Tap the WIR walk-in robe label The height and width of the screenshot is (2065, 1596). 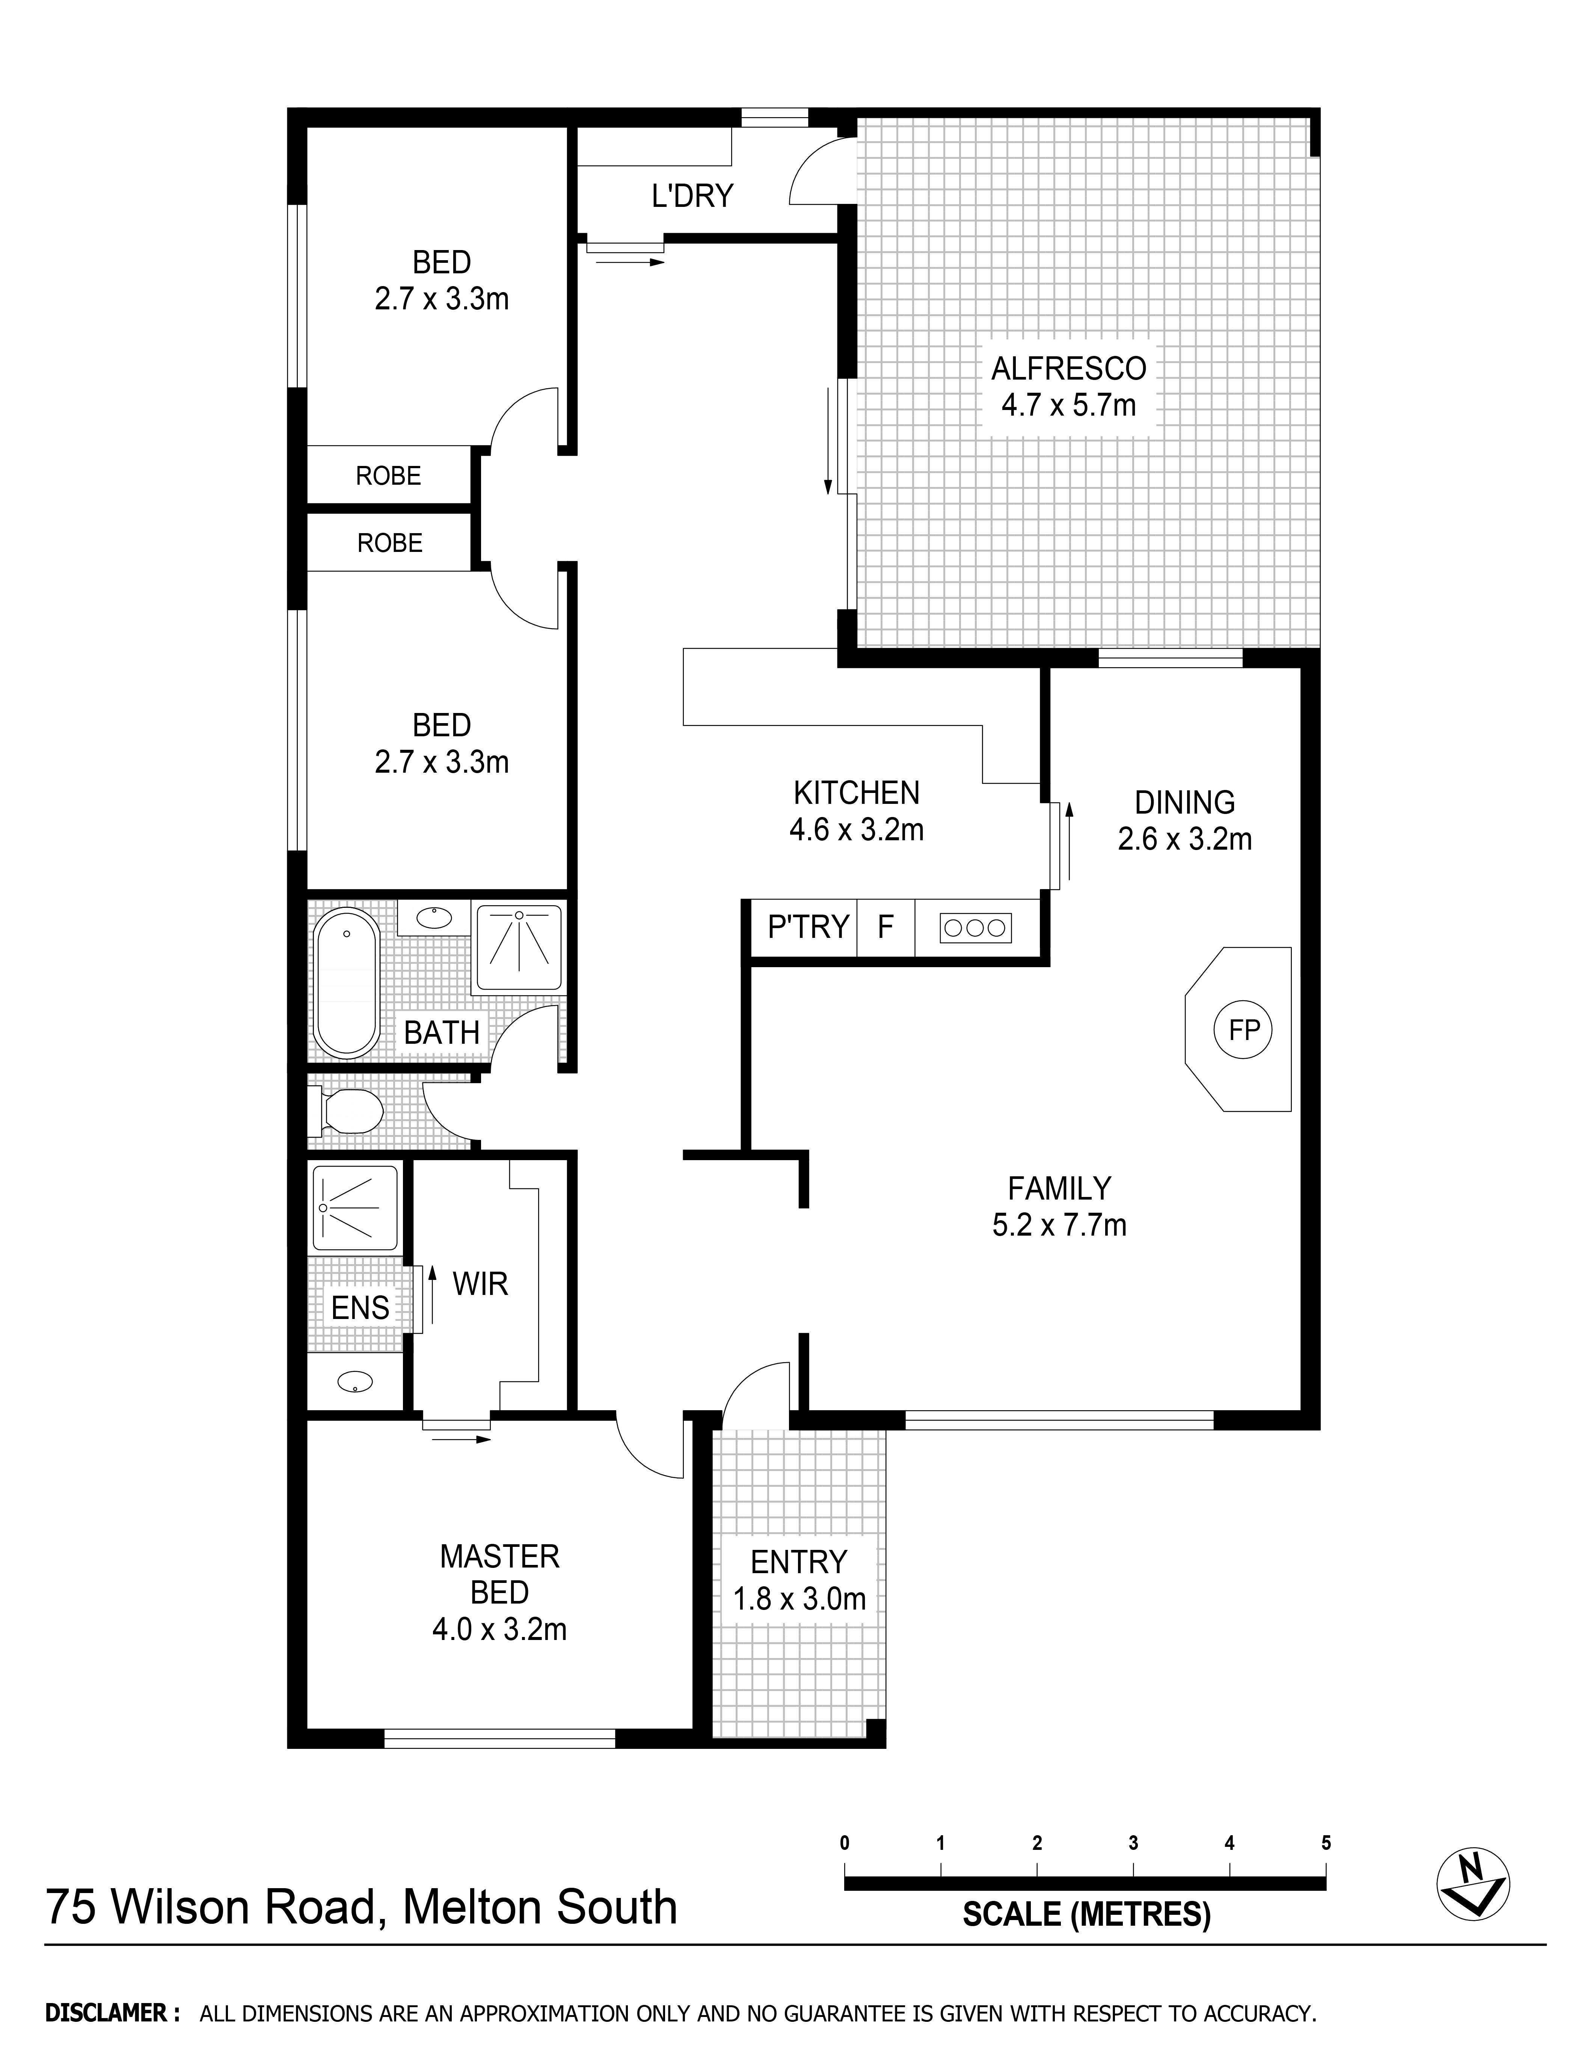click(480, 1284)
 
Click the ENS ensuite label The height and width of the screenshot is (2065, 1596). click(360, 1308)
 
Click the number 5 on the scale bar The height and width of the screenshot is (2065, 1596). click(1326, 1843)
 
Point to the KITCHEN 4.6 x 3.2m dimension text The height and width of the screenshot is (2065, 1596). click(857, 830)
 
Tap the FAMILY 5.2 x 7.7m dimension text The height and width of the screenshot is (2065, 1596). click(1059, 1225)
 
